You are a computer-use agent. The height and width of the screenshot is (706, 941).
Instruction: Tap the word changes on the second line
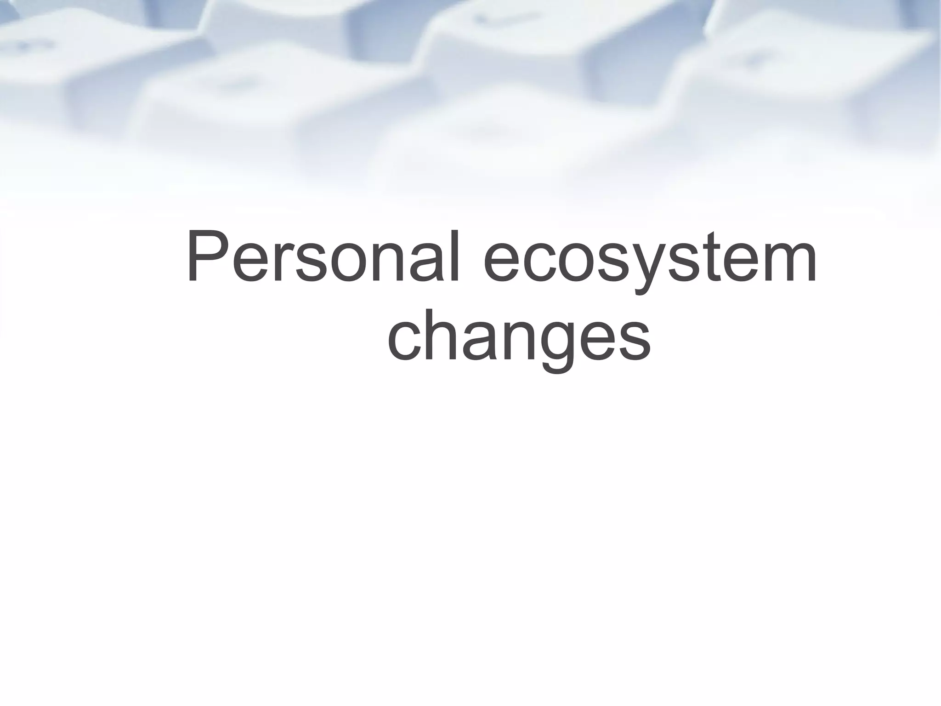coord(519,338)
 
